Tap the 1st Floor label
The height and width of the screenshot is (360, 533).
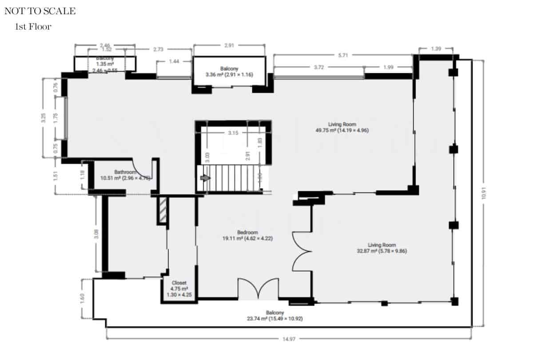coord(33,27)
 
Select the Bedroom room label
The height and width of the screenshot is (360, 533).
coord(247,235)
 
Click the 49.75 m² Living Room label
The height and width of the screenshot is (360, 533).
coord(342,127)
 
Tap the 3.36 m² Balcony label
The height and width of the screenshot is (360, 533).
coord(229,72)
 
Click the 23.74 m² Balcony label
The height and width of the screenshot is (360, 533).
coord(275,316)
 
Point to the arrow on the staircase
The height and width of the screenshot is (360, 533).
coord(205,178)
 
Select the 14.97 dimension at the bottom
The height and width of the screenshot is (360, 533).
coord(289,339)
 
